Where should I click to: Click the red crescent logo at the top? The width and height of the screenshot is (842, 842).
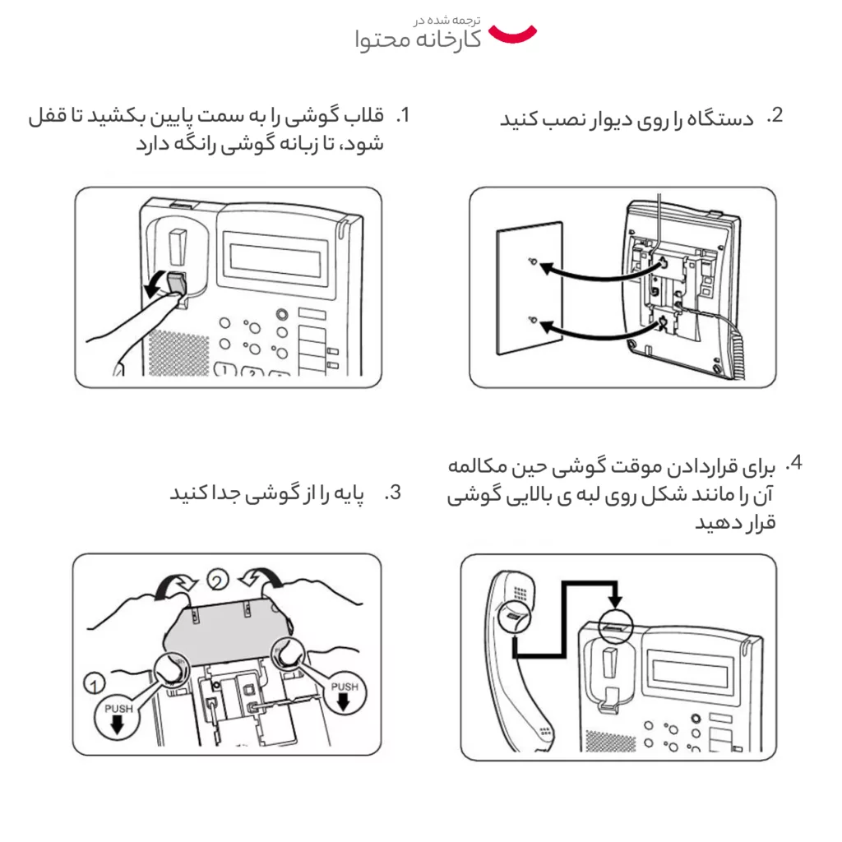tap(512, 34)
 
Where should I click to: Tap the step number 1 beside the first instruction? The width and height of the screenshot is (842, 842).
tap(402, 115)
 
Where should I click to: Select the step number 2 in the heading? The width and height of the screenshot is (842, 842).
tap(775, 115)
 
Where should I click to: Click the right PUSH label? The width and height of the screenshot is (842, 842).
tap(344, 686)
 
